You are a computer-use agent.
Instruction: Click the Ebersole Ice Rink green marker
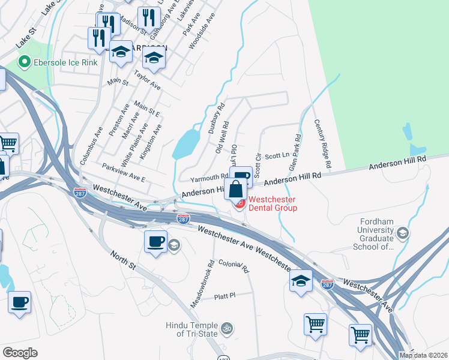pos(25,61)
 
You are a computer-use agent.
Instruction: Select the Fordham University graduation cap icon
pos(403,233)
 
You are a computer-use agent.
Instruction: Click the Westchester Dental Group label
pos(273,203)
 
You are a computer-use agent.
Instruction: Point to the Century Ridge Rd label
pos(323,143)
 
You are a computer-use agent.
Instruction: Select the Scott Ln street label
pos(277,155)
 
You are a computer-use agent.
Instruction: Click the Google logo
pos(20,353)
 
